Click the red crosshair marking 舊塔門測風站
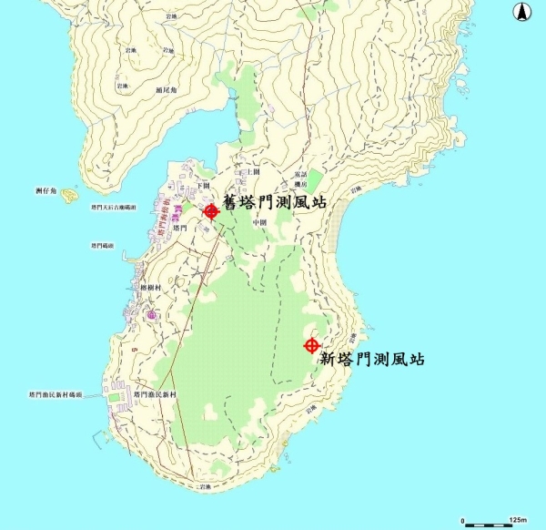(211, 212)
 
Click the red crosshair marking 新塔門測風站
(311, 345)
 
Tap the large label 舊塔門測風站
(275, 202)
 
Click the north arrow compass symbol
(523, 12)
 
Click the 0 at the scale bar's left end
(463, 519)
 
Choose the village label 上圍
(254, 171)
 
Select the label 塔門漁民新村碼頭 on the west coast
(56, 395)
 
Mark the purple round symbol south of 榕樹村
(151, 315)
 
